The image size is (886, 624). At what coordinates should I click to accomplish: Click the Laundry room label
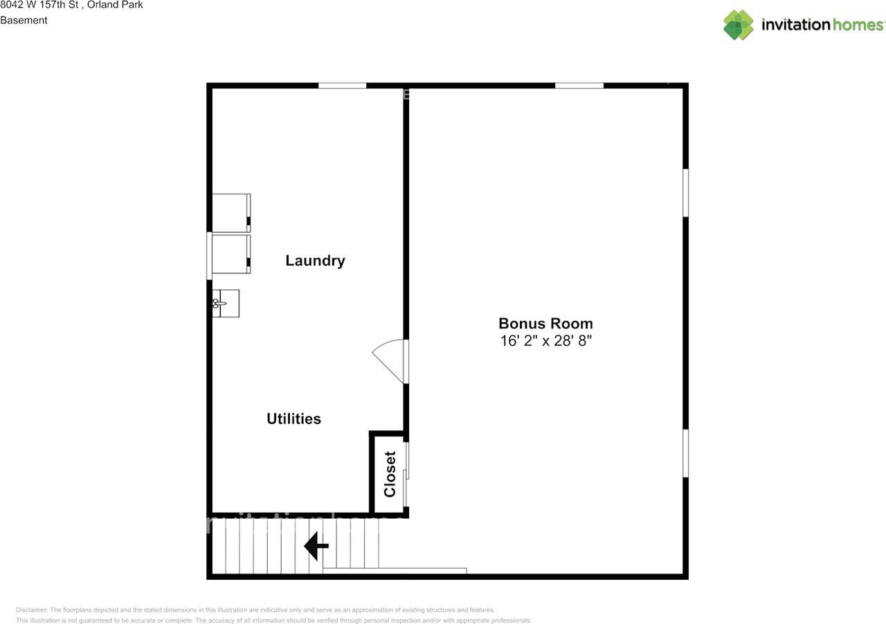click(x=315, y=261)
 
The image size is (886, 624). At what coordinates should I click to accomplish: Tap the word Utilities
click(x=293, y=419)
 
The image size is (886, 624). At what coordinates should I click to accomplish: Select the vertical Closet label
click(x=390, y=474)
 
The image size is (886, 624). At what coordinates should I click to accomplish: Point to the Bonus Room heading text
click(x=545, y=323)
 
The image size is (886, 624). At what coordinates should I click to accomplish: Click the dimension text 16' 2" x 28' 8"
click(x=545, y=341)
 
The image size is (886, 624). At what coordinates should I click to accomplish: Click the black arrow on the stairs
click(x=316, y=546)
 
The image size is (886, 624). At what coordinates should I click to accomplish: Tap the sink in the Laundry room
click(x=226, y=303)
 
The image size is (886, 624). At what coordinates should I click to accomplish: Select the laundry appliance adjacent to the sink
click(x=231, y=255)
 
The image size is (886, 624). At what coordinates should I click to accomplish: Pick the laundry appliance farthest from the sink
click(x=231, y=212)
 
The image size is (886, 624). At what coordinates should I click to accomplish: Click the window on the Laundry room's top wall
click(x=342, y=86)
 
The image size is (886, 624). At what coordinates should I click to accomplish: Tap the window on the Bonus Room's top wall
click(x=579, y=86)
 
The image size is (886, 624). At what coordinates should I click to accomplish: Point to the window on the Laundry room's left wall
click(x=209, y=256)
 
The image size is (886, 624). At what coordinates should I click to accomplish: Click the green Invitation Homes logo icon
click(x=739, y=25)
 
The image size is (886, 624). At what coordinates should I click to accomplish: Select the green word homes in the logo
click(x=859, y=25)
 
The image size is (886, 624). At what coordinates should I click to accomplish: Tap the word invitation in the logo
click(x=795, y=25)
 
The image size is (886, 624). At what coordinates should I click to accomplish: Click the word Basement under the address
click(x=24, y=20)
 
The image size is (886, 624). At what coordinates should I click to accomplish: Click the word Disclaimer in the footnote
click(x=31, y=610)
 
